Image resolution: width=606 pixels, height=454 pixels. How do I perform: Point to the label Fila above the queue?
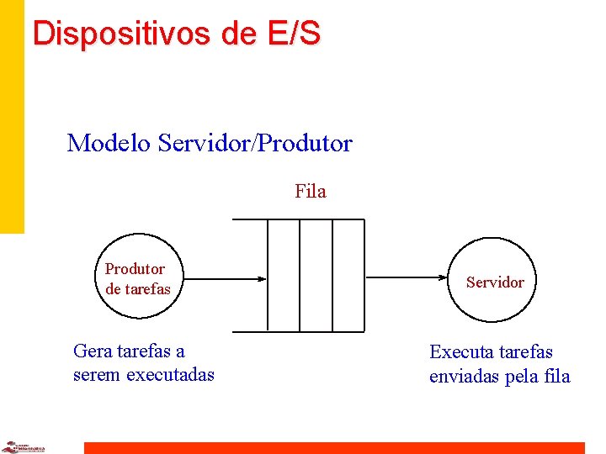[310, 192]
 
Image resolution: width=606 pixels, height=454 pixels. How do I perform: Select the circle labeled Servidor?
[495, 282]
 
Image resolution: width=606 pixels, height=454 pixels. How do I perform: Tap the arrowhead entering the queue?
[262, 278]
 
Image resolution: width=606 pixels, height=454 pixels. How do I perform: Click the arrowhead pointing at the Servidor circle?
[448, 278]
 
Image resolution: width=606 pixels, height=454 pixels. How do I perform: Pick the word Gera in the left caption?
[92, 351]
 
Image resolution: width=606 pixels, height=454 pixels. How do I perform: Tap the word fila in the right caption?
[557, 376]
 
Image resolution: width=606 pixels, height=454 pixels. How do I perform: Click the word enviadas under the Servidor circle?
[463, 376]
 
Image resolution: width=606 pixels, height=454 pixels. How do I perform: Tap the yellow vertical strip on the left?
[12, 118]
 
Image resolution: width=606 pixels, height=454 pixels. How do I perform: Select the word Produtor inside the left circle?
[135, 269]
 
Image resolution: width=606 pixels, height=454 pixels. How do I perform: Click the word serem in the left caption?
[96, 374]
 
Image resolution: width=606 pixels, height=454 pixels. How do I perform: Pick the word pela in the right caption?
[522, 376]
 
